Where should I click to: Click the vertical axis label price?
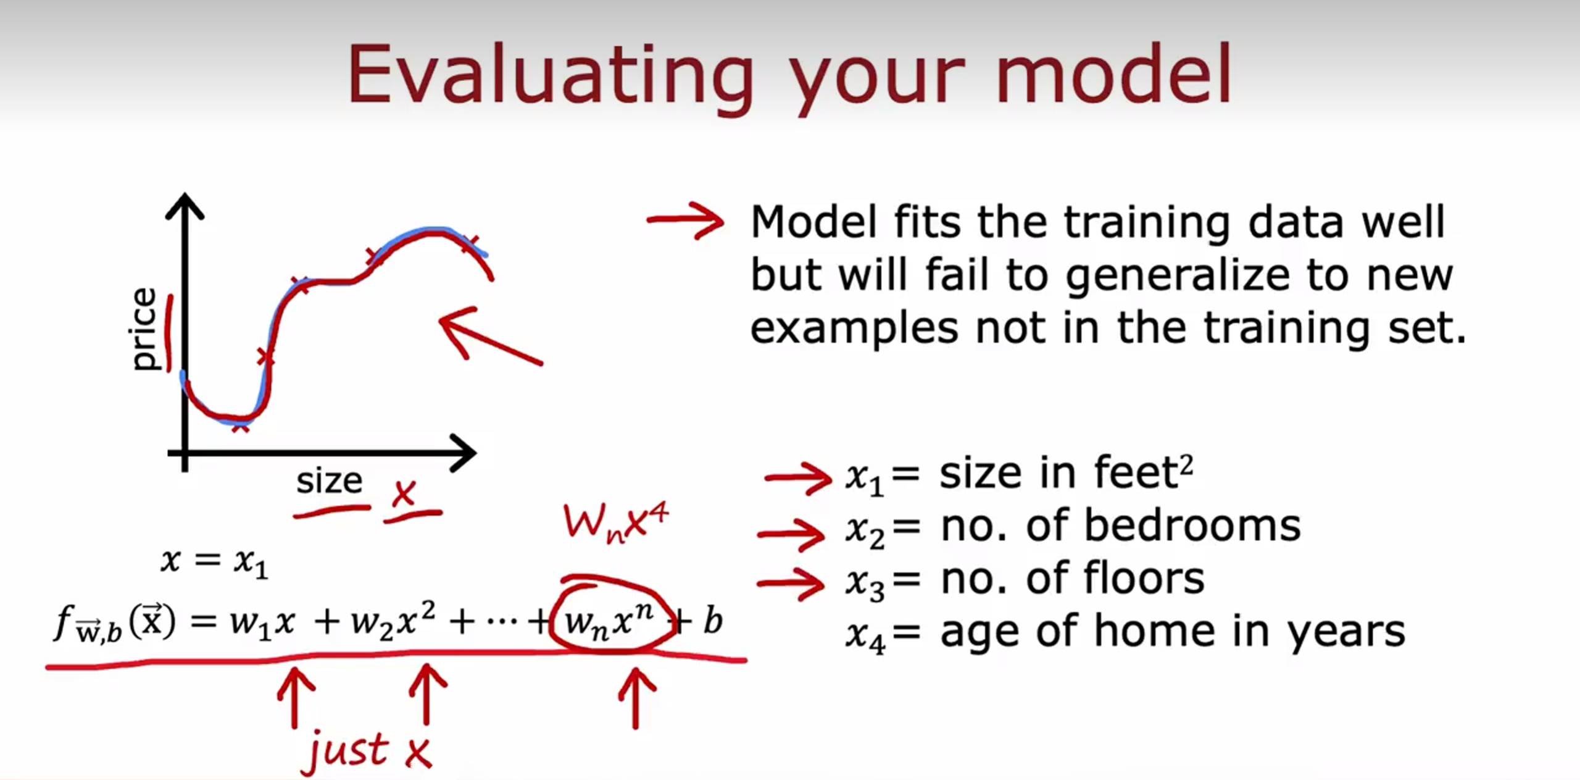[x=144, y=329]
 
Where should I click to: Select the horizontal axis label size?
[x=329, y=480]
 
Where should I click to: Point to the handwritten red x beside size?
[x=404, y=493]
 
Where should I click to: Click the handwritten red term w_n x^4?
[x=615, y=523]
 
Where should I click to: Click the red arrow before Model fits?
[x=685, y=220]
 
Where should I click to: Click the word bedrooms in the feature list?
[x=1192, y=526]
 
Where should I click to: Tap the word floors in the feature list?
[x=1144, y=578]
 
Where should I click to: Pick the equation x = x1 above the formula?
[x=214, y=563]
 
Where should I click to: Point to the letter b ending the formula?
[x=713, y=620]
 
